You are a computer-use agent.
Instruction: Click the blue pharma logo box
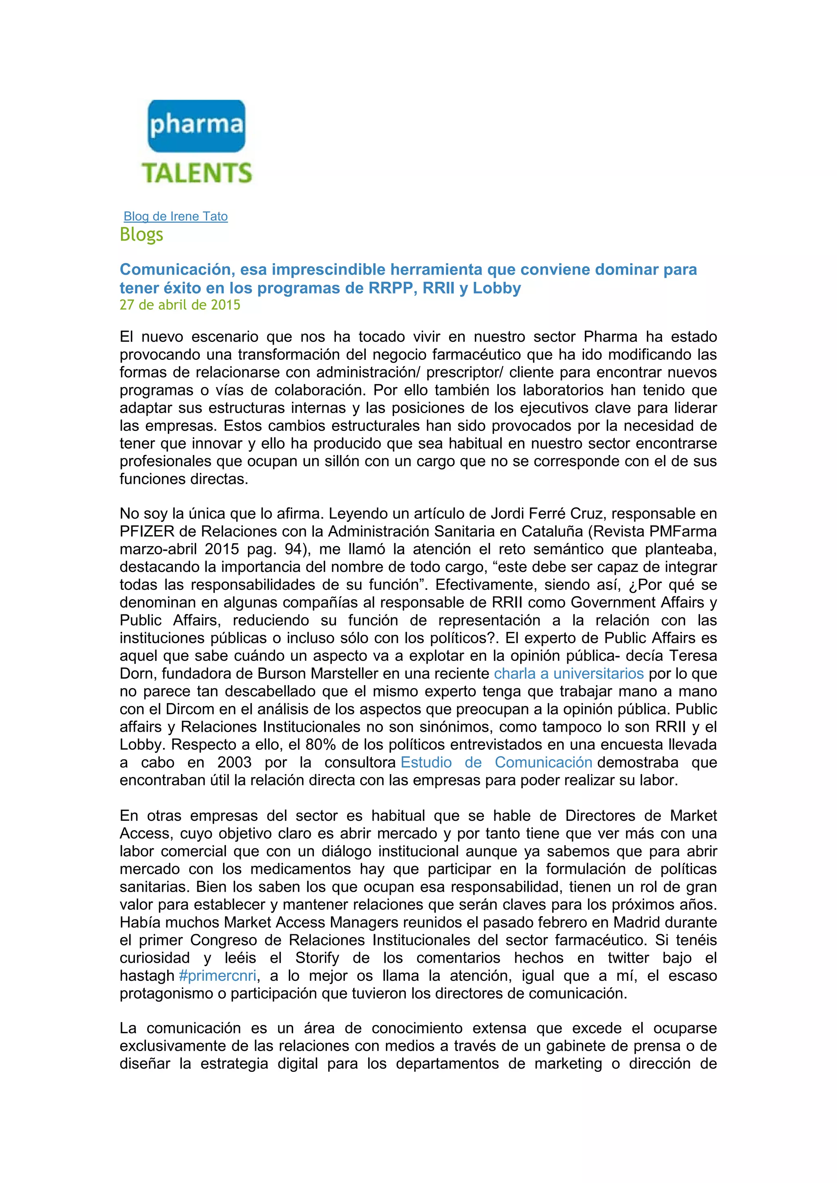[196, 126]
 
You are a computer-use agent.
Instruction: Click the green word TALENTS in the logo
[197, 173]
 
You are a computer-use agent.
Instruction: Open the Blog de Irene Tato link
[176, 217]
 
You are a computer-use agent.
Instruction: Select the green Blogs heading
[141, 234]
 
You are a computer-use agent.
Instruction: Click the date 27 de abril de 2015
[180, 305]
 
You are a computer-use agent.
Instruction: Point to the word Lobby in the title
[496, 288]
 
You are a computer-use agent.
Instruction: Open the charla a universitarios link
[568, 674]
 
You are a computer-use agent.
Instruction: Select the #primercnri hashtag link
[217, 975]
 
